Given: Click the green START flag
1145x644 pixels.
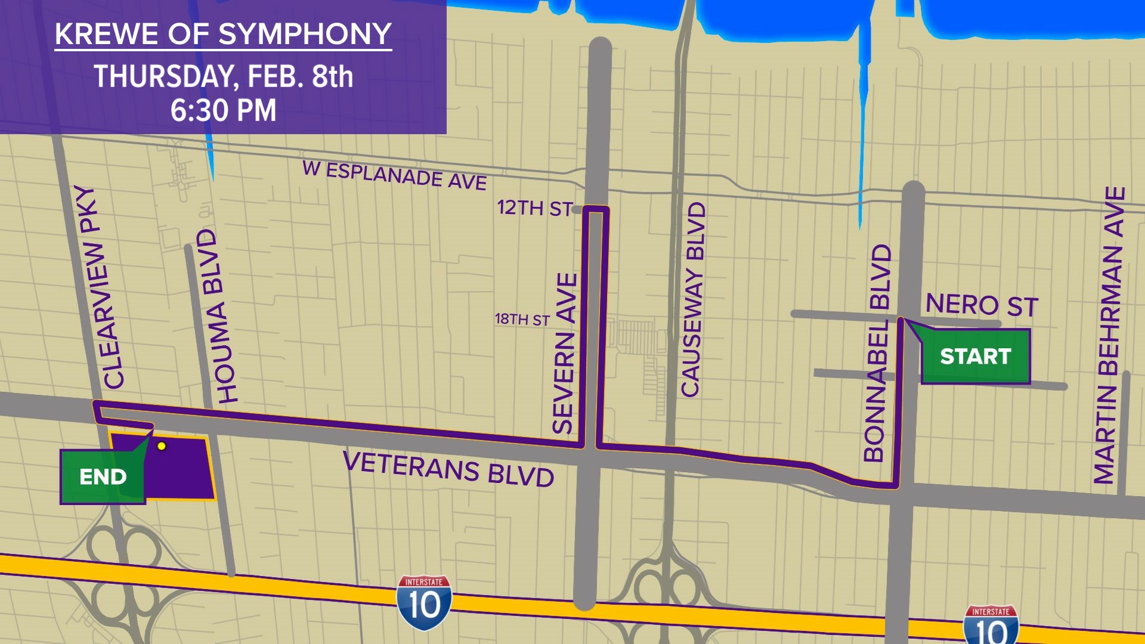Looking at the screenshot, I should pyautogui.click(x=976, y=357).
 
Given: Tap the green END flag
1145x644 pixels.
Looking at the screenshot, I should pyautogui.click(x=103, y=477).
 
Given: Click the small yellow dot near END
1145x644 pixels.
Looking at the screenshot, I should pyautogui.click(x=161, y=446).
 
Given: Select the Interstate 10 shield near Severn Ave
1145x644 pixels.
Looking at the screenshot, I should pyautogui.click(x=424, y=603).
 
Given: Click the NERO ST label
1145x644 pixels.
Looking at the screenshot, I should pyautogui.click(x=982, y=305).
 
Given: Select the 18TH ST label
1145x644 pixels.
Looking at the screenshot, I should pyautogui.click(x=522, y=320).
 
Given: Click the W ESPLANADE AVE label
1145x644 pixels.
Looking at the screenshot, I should pyautogui.click(x=395, y=175).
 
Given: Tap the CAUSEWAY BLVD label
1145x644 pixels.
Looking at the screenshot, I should pyautogui.click(x=693, y=299).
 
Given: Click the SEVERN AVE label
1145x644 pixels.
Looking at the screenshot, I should pyautogui.click(x=565, y=353).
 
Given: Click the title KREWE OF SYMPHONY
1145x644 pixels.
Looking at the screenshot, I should pyautogui.click(x=223, y=35).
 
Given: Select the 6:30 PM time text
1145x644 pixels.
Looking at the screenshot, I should pyautogui.click(x=223, y=111).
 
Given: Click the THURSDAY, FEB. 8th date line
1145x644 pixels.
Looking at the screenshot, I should pyautogui.click(x=223, y=77).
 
